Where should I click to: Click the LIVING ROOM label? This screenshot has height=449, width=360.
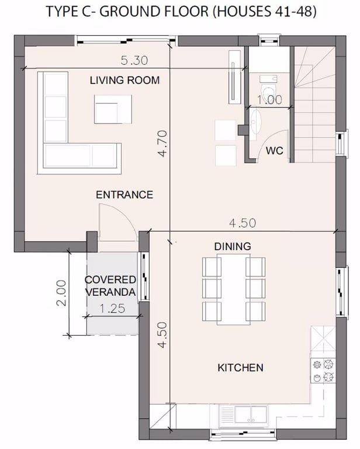124,80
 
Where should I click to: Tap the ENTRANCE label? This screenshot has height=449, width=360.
124,195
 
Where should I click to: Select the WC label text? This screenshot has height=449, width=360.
275,151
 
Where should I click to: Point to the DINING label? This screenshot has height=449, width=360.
233,246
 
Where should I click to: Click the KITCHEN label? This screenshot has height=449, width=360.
240,368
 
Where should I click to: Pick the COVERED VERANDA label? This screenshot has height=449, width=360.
110,286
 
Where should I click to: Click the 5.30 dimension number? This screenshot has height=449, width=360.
134,60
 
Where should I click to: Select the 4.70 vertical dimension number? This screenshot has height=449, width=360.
162,143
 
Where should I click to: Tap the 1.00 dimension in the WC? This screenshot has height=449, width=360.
269,100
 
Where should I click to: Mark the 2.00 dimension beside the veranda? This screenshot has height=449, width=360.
61,293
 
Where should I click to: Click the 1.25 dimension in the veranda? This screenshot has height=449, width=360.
112,309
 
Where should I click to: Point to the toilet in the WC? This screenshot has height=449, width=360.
269,87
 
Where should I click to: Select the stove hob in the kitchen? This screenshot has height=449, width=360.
323,371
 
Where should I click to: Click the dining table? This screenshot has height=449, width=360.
234,289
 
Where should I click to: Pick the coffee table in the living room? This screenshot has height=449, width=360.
113,109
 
